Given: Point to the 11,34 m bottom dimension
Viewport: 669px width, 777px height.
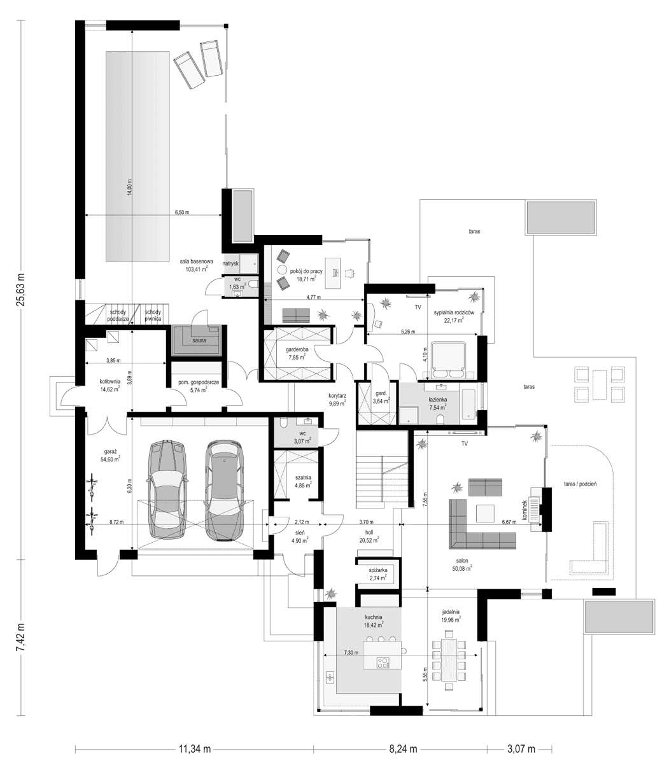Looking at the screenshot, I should [194, 749].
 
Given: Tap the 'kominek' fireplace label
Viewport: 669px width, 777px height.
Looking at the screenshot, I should [526, 510].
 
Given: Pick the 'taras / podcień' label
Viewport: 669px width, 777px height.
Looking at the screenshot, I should [579, 484].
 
